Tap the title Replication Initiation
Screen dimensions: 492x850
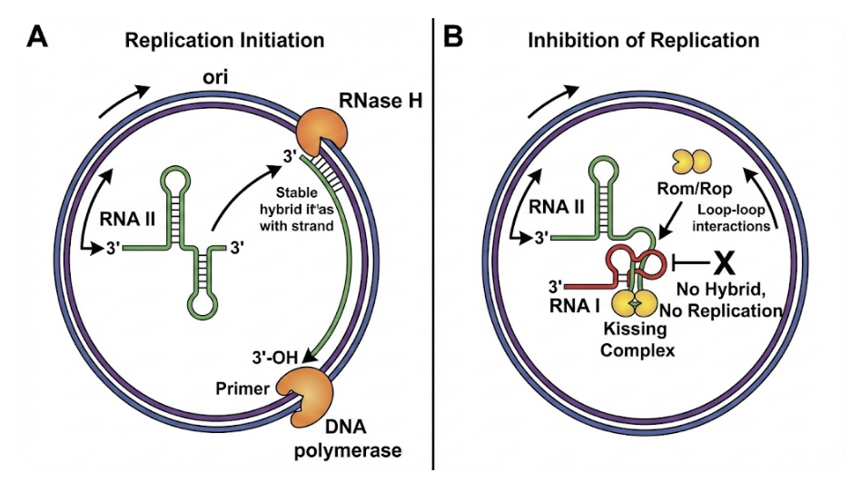pyautogui.click(x=224, y=40)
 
